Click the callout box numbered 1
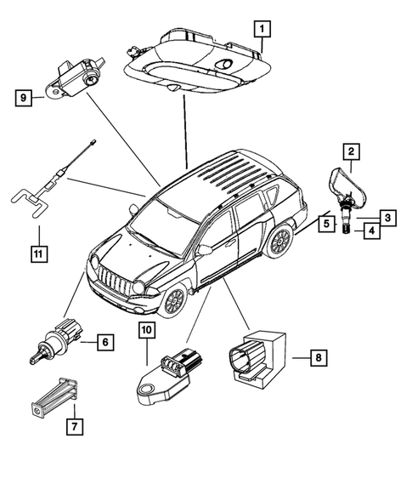click(x=264, y=30)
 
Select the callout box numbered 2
click(x=348, y=153)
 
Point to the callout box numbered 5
click(x=326, y=225)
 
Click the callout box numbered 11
click(x=37, y=253)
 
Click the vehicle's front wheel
click(x=173, y=301)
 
